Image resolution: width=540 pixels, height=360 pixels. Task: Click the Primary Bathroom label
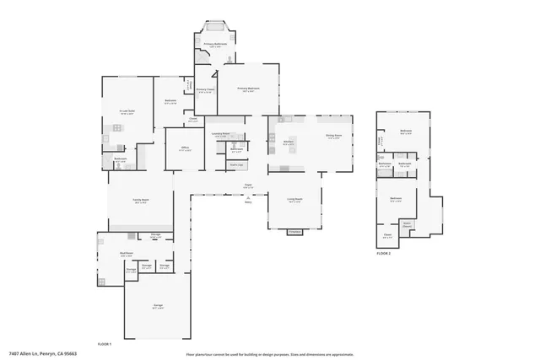[x=215, y=45]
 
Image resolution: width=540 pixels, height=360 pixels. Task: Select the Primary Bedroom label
[x=247, y=89]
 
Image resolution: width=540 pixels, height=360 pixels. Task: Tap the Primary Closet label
[x=205, y=90]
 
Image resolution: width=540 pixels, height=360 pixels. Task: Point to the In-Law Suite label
[x=127, y=111]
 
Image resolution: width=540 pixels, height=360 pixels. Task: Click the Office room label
[x=184, y=149]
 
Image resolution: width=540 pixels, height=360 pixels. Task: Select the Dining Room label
[x=332, y=136]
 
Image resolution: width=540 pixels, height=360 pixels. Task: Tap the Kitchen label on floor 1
[x=289, y=143]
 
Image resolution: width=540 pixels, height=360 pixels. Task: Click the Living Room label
[x=294, y=201]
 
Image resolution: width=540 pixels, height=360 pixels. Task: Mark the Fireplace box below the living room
[x=294, y=231]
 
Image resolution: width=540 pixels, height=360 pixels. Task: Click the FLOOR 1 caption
[x=105, y=345]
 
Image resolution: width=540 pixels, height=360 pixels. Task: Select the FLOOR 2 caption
[x=384, y=253]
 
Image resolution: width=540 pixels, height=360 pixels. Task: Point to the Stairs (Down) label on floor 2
[x=407, y=224]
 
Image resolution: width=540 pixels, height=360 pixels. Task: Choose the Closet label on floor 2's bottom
[x=387, y=235]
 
